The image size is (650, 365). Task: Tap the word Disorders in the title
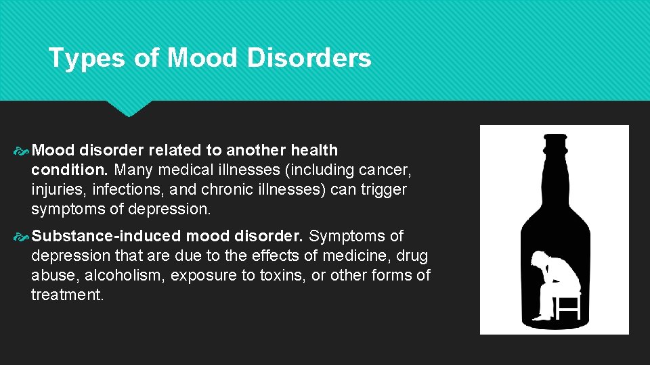pos(309,58)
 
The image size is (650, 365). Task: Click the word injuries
pos(56,189)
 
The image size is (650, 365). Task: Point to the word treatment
pos(67,295)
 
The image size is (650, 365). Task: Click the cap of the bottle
pos(555,141)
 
